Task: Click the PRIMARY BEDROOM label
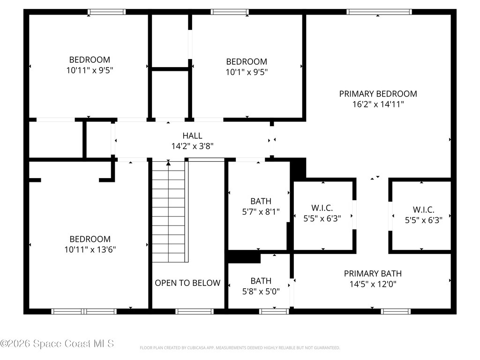coord(378,94)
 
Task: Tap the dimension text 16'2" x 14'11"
coord(378,104)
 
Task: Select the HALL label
coord(192,135)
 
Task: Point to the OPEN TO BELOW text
coord(187,283)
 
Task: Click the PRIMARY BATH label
coord(373,273)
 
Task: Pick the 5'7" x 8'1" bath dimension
coord(261,211)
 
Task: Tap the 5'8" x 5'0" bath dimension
coord(261,292)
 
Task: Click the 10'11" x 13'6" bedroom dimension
coord(90,249)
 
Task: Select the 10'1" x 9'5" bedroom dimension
coord(247,72)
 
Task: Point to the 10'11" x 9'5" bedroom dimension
coord(90,70)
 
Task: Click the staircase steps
coord(169,212)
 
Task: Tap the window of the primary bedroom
coord(379,12)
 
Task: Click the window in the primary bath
coord(396,311)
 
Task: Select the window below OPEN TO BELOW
coord(195,311)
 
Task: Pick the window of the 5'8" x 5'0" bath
coord(274,311)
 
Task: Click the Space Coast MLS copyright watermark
coord(57,344)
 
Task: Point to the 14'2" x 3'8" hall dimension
coord(192,146)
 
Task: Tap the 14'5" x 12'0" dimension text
coord(373,284)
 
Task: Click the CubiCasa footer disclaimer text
coord(240,348)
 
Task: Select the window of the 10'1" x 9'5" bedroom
coord(230,12)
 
